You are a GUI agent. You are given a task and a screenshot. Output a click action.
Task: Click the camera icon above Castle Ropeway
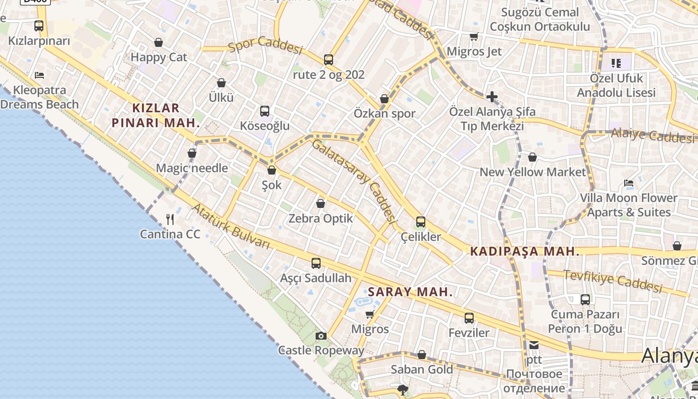click(321, 336)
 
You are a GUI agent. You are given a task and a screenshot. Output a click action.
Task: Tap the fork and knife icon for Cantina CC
click(170, 219)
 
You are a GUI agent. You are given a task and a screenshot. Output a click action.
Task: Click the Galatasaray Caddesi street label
click(354, 181)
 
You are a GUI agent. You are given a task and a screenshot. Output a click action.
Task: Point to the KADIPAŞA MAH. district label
click(525, 251)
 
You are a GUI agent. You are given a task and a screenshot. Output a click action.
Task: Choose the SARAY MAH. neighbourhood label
click(410, 292)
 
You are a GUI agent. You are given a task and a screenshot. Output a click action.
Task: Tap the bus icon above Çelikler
click(421, 222)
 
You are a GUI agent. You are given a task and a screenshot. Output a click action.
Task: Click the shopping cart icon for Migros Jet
click(474, 37)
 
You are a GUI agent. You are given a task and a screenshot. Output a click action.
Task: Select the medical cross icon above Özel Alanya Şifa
click(492, 96)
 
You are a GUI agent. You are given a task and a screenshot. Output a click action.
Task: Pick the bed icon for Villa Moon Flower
click(629, 183)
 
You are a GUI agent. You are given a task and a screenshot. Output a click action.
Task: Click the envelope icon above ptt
click(534, 345)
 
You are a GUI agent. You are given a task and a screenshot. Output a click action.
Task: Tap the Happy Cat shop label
click(159, 57)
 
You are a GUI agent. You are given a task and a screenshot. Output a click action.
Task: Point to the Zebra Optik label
click(321, 218)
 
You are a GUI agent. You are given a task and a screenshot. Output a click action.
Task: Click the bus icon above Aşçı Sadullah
click(316, 263)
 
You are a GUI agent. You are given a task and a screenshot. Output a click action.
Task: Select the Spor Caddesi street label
click(266, 46)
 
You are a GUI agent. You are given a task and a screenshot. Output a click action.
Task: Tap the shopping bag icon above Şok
click(272, 170)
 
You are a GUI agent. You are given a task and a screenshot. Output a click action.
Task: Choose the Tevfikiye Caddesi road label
click(613, 281)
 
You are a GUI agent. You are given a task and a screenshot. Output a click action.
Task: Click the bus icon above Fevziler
click(469, 318)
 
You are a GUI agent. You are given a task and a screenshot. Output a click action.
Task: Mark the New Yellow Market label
click(532, 172)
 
